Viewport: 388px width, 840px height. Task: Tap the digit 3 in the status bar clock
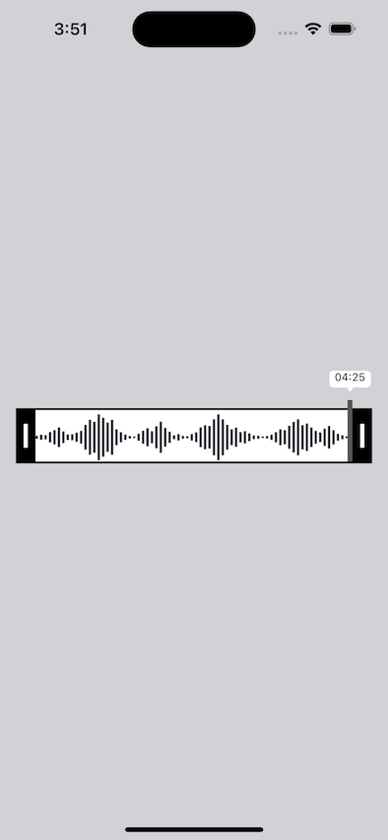(58, 29)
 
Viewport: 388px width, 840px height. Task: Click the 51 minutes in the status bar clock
(77, 29)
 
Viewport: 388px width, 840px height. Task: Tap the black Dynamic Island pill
(194, 29)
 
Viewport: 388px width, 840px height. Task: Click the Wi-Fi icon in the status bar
(313, 29)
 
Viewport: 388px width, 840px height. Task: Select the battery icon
(342, 29)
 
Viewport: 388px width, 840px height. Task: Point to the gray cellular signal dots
(288, 33)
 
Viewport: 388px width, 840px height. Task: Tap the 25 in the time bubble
(358, 377)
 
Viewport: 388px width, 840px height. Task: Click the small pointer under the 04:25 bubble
(350, 390)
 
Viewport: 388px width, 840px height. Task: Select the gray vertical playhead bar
(350, 431)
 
